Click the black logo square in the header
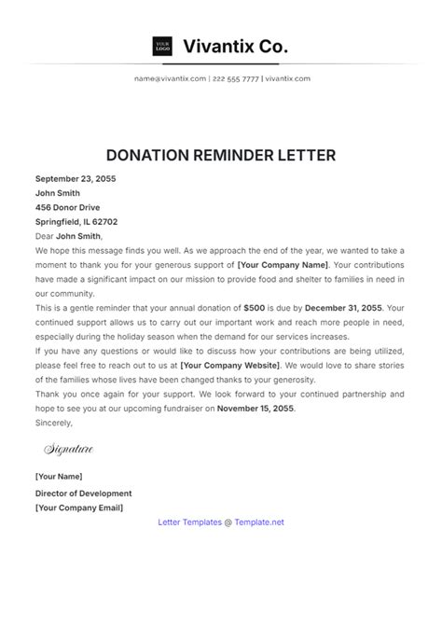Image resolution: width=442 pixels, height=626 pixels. coord(162,46)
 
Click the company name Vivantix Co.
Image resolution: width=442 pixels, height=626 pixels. coord(236,46)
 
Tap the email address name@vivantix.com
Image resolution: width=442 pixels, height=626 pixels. coord(170,78)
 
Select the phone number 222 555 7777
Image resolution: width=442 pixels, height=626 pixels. coord(237,78)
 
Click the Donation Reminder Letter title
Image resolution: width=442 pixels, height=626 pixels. coord(221,155)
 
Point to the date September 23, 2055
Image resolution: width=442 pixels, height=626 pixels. coord(76,178)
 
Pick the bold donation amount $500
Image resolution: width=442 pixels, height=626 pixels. coord(255,307)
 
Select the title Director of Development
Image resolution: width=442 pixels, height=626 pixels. coord(84,494)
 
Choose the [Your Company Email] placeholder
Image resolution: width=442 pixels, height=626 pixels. coord(79,508)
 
